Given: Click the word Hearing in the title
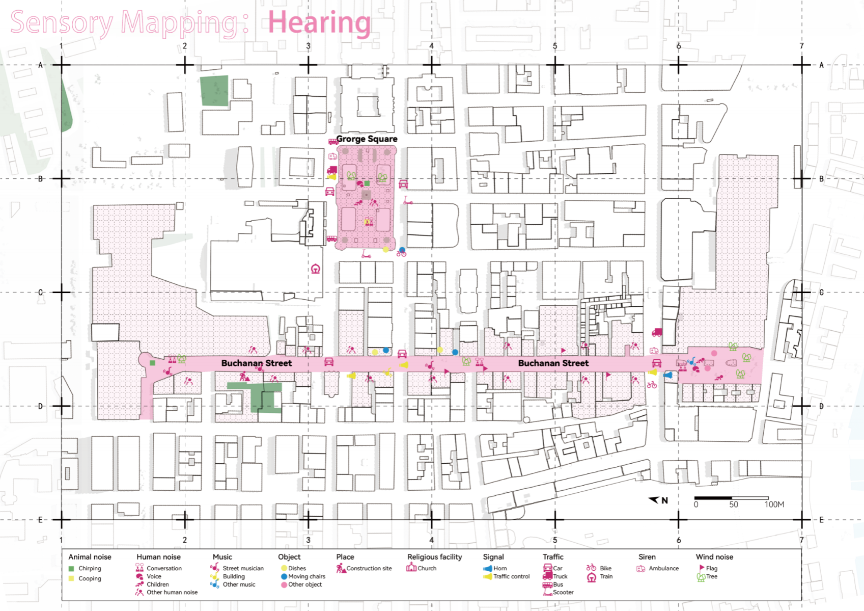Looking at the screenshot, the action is [319, 22].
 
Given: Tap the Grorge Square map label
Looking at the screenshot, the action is [367, 139].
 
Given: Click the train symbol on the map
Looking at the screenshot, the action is [316, 269].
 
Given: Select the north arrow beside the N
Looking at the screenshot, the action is [654, 500].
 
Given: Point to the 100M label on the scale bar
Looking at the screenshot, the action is [774, 504].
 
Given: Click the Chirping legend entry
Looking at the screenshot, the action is [85, 568].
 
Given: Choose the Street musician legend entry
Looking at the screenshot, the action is [237, 568].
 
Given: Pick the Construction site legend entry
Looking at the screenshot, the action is [364, 568].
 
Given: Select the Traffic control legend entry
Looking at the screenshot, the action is [507, 576].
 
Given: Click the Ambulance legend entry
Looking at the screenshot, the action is [657, 569].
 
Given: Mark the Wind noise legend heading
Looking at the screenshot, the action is [714, 557].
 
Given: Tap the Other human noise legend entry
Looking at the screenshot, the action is [166, 592].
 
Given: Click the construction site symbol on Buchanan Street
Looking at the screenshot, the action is [244, 376].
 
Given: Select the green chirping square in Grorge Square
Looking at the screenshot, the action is [367, 184].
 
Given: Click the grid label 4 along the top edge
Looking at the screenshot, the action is [432, 46].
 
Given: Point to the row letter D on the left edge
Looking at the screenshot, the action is [41, 406].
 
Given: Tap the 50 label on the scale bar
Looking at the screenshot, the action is [734, 504].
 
